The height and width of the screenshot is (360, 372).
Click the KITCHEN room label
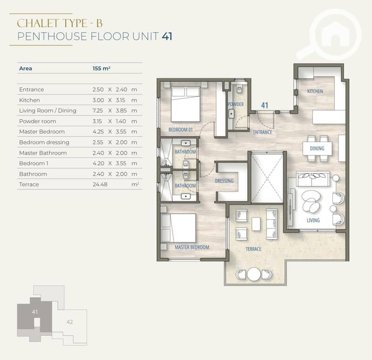(x=315, y=91)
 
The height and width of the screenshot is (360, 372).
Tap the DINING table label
(x=317, y=149)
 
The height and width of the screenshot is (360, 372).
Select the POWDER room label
(x=235, y=104)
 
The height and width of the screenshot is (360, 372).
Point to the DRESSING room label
(x=224, y=181)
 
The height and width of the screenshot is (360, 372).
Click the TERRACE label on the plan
(x=253, y=249)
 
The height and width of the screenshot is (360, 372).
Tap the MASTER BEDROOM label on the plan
(x=192, y=247)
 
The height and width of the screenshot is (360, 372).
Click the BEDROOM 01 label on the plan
(x=181, y=130)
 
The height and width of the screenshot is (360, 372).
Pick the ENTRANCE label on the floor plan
(x=263, y=132)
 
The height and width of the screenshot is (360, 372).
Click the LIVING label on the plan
(x=313, y=220)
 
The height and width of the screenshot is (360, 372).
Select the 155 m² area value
(x=101, y=68)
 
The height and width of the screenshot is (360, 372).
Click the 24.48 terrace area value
(x=100, y=184)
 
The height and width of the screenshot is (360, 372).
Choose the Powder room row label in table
(x=38, y=121)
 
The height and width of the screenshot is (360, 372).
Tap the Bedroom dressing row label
(x=44, y=143)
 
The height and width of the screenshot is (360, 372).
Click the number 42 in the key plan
(x=69, y=322)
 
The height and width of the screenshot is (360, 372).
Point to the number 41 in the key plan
(x=35, y=312)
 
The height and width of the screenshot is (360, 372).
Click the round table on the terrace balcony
(x=254, y=274)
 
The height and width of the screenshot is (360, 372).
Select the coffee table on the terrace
(x=256, y=224)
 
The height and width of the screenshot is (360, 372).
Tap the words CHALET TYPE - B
(x=60, y=23)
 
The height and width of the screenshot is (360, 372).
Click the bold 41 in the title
(x=167, y=36)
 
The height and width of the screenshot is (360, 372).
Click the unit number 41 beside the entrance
(x=264, y=105)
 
